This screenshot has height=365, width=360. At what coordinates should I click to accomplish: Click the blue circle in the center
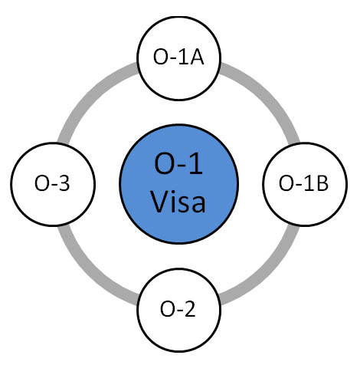point(179,184)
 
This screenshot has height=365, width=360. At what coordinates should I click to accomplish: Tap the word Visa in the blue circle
point(178,202)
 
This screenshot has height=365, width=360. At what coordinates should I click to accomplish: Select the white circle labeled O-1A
point(178,58)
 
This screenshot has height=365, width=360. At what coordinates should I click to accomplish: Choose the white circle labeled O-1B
point(305,184)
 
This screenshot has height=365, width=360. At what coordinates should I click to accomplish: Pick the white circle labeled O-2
point(178,310)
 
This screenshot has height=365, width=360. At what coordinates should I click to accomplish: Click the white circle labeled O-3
point(53,184)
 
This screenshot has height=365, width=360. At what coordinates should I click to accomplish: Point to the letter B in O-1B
point(322,183)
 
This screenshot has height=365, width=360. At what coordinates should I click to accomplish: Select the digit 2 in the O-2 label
point(190,309)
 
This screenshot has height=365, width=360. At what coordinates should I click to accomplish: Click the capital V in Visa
point(159,201)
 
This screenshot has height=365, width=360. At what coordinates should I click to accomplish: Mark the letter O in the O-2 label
point(167,309)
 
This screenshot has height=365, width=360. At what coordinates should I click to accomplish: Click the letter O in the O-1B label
point(286,183)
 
